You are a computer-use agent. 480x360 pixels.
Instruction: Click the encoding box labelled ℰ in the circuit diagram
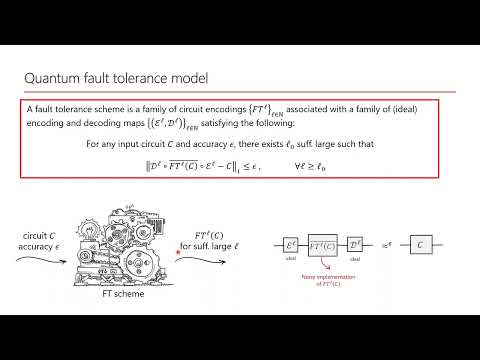click(291, 244)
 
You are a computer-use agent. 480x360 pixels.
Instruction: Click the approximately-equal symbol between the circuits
click(385, 243)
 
